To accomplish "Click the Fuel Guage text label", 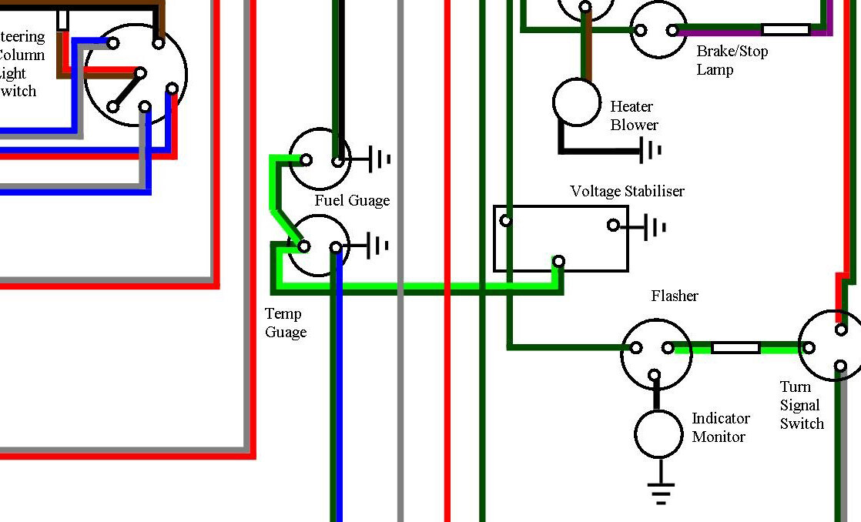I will point(352,201).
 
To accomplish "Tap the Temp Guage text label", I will point(286,323).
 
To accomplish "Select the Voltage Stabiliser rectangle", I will point(561,239).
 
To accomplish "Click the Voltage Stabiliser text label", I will point(627,191).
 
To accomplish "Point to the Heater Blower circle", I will point(576,102).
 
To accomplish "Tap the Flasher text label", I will point(675,296).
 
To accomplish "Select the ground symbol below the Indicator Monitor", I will point(661,492).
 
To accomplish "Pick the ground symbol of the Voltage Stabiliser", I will point(655,227).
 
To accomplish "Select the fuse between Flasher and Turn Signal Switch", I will point(735,348).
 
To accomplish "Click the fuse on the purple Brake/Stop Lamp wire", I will point(786,30).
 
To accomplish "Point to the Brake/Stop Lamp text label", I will point(732,61).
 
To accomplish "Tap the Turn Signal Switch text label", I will point(802,406).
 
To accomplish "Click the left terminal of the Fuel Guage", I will point(306,160).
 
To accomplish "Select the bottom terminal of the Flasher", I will point(655,376).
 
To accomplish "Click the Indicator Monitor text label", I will point(720,428).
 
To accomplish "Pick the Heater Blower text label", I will point(633,115).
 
